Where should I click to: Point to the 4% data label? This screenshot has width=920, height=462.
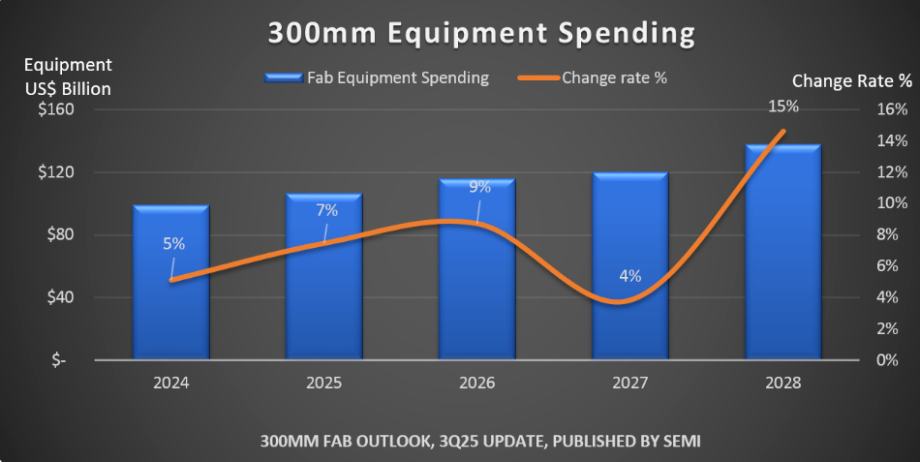click(629, 275)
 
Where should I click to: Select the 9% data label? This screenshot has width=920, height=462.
click(479, 188)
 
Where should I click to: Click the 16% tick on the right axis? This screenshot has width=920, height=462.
click(893, 109)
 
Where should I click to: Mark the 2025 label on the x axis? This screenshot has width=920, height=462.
click(324, 383)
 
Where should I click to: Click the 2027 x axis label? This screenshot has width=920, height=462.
click(629, 383)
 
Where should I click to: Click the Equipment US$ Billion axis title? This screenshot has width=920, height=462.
click(68, 77)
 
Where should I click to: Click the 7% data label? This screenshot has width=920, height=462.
click(327, 210)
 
